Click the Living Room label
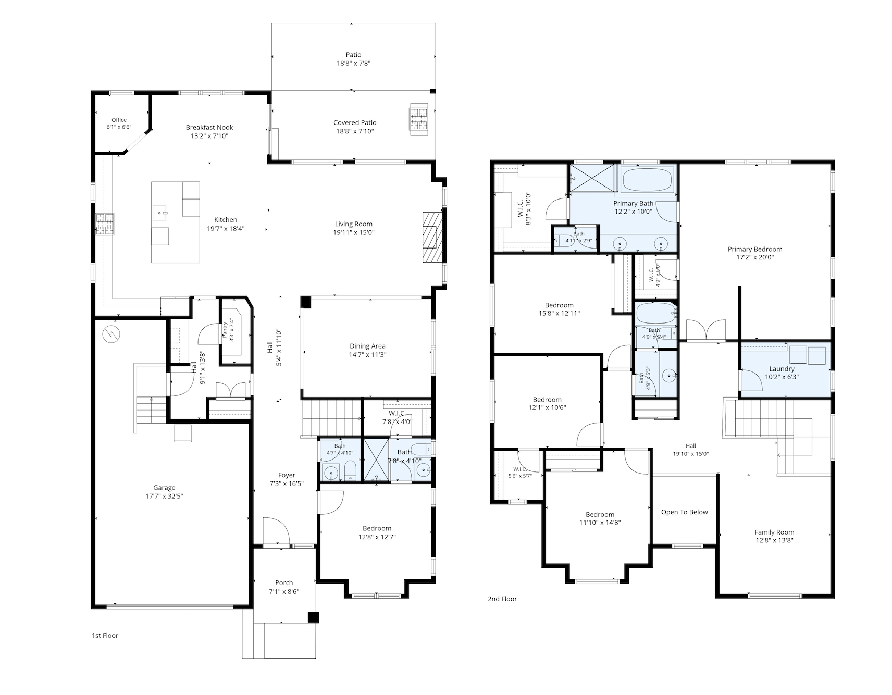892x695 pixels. coord(354,224)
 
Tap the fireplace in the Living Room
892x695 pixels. coord(432,236)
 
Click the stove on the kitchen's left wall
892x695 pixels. coord(105,225)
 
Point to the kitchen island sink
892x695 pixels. coord(160,213)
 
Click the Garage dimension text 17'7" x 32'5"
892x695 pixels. coord(164,497)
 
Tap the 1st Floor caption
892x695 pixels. coord(105,636)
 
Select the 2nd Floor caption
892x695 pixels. coord(502,599)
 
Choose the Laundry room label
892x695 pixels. coord(782,369)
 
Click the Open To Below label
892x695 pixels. coord(685,512)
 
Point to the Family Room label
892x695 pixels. coord(775,532)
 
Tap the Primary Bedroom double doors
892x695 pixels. coord(705,330)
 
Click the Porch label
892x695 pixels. coord(284,583)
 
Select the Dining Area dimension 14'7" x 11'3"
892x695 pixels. coord(368,355)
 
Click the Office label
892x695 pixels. coord(119,120)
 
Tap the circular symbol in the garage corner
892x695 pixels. coord(111,334)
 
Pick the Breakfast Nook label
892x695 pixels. coord(209,127)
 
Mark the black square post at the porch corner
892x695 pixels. coord(313,617)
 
